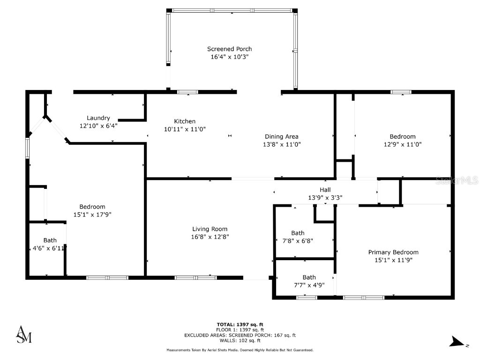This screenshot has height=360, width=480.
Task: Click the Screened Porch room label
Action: (229, 49)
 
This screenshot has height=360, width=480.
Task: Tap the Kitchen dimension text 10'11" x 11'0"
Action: (184, 129)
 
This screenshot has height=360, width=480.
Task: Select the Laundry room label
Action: (98, 118)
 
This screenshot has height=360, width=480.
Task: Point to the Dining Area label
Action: (281, 136)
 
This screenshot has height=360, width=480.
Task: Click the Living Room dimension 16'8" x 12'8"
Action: (210, 237)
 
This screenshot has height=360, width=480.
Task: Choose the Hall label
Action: (325, 189)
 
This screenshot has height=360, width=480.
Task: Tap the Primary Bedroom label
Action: (393, 252)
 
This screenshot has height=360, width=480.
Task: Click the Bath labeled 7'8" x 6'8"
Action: (298, 233)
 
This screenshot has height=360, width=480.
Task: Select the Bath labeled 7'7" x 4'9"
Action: (309, 277)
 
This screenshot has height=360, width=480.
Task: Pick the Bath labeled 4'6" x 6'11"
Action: (50, 240)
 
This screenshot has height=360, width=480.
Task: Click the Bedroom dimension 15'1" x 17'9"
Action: (92, 215)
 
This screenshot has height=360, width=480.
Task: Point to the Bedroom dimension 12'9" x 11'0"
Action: (403, 144)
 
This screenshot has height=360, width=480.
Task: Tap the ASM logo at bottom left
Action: (24, 334)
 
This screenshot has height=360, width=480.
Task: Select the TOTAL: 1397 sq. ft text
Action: (240, 324)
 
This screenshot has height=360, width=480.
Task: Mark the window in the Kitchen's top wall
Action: (187, 92)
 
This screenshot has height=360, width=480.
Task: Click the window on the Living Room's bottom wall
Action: (195, 277)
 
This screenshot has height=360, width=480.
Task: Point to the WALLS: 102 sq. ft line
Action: (240, 341)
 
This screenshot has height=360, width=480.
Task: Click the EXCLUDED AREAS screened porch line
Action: (240, 335)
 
